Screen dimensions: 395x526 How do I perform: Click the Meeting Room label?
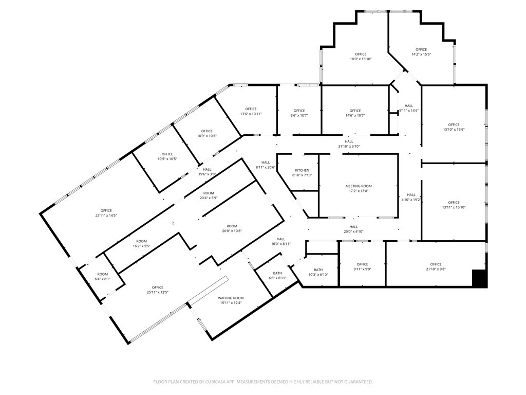point(358,186)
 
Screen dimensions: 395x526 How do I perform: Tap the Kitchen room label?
point(302,170)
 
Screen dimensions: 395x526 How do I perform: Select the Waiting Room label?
point(231,298)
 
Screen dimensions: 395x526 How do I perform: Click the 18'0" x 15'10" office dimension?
point(361,59)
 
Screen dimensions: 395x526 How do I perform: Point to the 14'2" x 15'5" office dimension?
point(421,55)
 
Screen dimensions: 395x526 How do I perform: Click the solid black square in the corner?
point(479,278)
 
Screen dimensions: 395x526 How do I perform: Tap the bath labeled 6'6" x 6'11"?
point(277,276)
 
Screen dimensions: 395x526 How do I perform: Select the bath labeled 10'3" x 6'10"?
point(318,272)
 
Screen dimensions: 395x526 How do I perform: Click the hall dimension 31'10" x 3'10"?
point(349,147)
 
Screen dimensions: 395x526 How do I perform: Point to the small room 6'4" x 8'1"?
point(102,277)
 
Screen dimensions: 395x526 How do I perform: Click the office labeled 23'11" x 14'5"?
point(106,213)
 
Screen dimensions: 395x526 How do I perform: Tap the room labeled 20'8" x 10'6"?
point(232,229)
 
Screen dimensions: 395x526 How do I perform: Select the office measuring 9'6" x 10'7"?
point(299,113)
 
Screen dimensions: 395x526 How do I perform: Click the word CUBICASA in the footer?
point(224,382)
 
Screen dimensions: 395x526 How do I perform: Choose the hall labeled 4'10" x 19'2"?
point(411,197)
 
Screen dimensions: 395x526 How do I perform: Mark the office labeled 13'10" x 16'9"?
point(454,127)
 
